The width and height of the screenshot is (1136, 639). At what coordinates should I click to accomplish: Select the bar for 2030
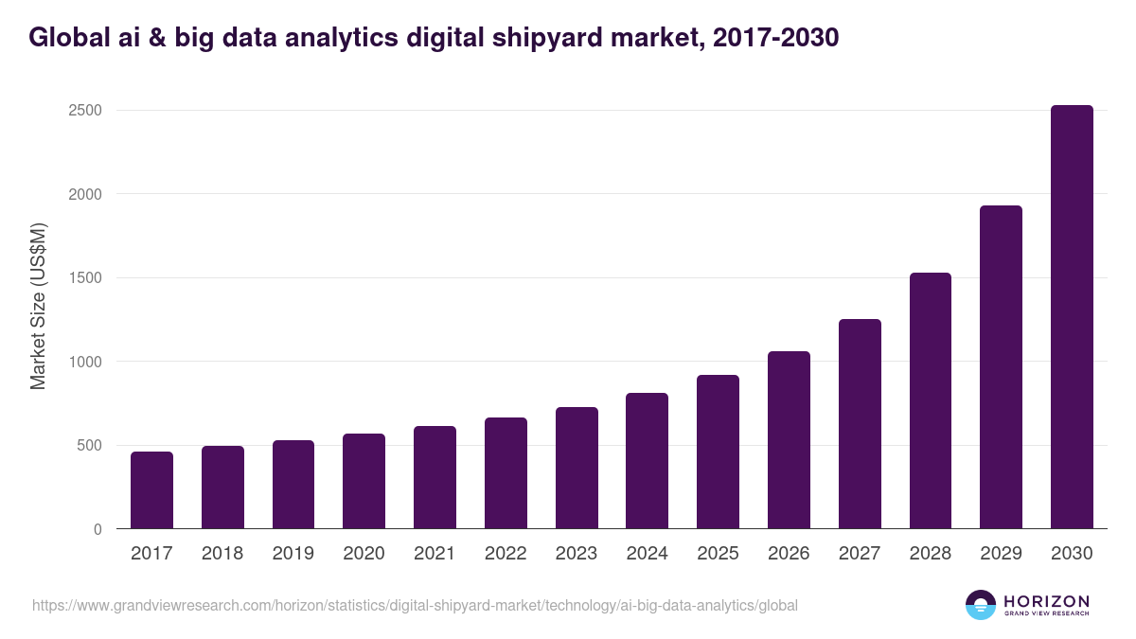1072,317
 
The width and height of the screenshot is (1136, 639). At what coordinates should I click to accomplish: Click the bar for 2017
151,490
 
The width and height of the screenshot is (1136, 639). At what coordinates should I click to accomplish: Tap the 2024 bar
647,461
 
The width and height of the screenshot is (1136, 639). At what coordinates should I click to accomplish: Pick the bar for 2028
930,400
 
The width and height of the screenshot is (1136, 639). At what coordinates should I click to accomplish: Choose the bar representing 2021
435,477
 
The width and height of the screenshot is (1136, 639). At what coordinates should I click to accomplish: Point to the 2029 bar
1001,367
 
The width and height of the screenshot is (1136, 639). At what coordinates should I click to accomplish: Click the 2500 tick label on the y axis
84,111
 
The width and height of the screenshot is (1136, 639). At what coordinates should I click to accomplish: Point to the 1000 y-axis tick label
84,362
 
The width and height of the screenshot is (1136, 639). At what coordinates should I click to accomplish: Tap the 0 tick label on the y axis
98,529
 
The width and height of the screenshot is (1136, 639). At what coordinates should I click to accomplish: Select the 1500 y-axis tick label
84,278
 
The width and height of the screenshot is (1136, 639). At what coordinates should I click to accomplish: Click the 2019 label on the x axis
293,554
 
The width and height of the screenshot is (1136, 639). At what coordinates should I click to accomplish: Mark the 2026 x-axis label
789,554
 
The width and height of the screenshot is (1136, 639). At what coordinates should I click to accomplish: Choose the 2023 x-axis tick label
576,554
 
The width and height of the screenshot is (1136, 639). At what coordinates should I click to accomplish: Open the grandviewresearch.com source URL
415,605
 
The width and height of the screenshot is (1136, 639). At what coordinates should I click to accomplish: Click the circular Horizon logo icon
980,605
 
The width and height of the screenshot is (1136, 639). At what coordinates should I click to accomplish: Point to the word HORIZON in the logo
1046,600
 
